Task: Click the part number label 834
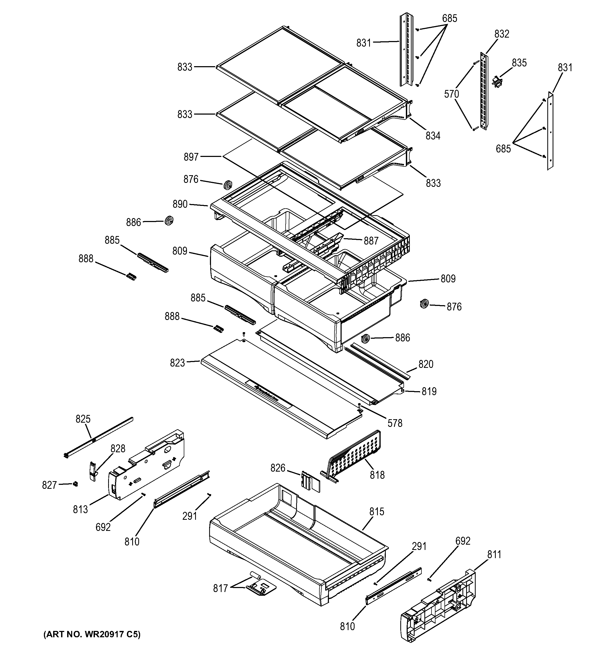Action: click(433, 135)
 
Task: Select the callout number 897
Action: click(191, 157)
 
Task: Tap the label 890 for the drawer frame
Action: click(180, 204)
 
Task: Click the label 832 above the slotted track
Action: click(501, 34)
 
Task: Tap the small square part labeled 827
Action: click(75, 484)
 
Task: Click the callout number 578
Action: click(395, 423)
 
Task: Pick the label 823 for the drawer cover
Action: click(177, 363)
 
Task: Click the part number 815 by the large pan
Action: click(377, 511)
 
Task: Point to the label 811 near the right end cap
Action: click(494, 555)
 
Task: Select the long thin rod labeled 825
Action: click(99, 437)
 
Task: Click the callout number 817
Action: click(220, 588)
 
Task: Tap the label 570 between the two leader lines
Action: click(451, 94)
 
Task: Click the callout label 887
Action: click(371, 241)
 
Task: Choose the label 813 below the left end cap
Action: click(80, 509)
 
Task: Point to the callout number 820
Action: click(426, 364)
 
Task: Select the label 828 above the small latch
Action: click(118, 448)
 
